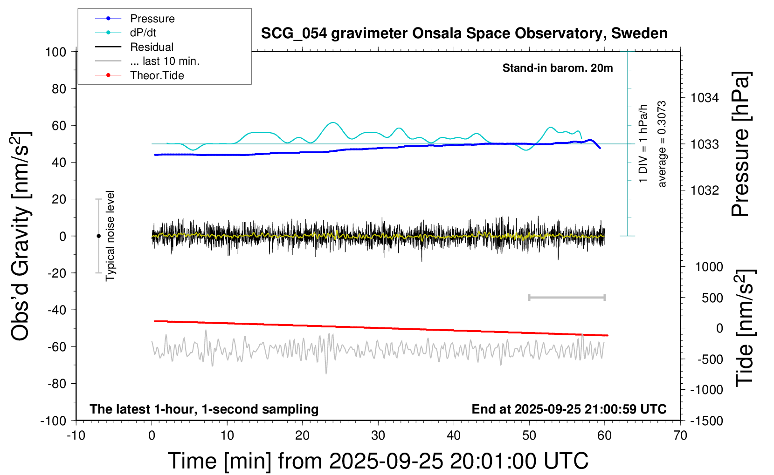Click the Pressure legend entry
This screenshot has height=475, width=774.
[x=152, y=19]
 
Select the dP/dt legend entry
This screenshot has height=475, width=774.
[x=143, y=33]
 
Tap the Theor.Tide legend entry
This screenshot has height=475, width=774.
[x=157, y=75]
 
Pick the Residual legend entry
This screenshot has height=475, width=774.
[x=152, y=47]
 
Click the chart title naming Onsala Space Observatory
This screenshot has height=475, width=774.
[x=464, y=34]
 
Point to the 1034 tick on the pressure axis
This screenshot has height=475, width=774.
[x=705, y=98]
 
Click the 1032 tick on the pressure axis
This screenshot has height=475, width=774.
[x=705, y=190]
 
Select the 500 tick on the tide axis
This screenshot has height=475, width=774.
[x=712, y=298]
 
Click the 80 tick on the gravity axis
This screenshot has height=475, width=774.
[x=59, y=88]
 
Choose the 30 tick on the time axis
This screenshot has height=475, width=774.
[x=378, y=435]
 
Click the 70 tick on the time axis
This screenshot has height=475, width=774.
[x=680, y=435]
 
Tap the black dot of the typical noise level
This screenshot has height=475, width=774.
[x=98, y=236]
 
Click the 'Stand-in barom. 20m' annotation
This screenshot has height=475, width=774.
[x=558, y=68]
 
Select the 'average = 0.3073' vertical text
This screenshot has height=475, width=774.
[x=662, y=144]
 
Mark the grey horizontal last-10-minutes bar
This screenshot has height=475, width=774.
[x=567, y=297]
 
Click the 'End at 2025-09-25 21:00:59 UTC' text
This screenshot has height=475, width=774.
[x=569, y=409]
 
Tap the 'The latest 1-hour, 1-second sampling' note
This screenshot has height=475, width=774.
[x=204, y=409]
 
